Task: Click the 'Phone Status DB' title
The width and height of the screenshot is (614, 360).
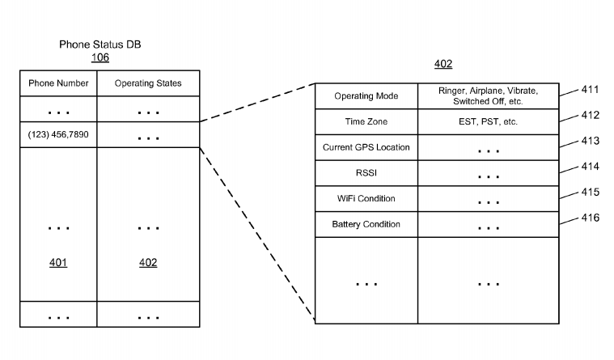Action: [100, 44]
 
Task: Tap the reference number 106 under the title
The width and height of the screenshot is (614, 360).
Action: [100, 57]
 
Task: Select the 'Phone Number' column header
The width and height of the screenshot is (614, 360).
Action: [58, 83]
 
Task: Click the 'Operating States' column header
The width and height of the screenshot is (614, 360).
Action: [148, 83]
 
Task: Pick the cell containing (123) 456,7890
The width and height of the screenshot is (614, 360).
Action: [58, 134]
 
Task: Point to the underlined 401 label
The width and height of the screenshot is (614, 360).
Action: [58, 263]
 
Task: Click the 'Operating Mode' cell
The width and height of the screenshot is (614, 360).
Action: [366, 96]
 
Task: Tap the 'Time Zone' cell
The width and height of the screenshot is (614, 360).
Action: [366, 121]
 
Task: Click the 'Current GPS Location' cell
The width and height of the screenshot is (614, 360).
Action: [366, 147]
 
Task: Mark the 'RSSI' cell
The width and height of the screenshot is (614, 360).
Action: [366, 173]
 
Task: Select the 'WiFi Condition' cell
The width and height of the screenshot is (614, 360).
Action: [366, 198]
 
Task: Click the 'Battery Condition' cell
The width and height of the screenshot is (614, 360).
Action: [366, 224]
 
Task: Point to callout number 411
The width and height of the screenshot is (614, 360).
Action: [590, 90]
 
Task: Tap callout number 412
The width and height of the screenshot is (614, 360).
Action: [590, 115]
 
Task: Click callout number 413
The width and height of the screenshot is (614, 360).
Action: [590, 141]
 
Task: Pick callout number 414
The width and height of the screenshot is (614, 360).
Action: [590, 167]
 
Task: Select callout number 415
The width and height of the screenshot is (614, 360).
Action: [590, 192]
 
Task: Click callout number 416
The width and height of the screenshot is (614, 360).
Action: [590, 218]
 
